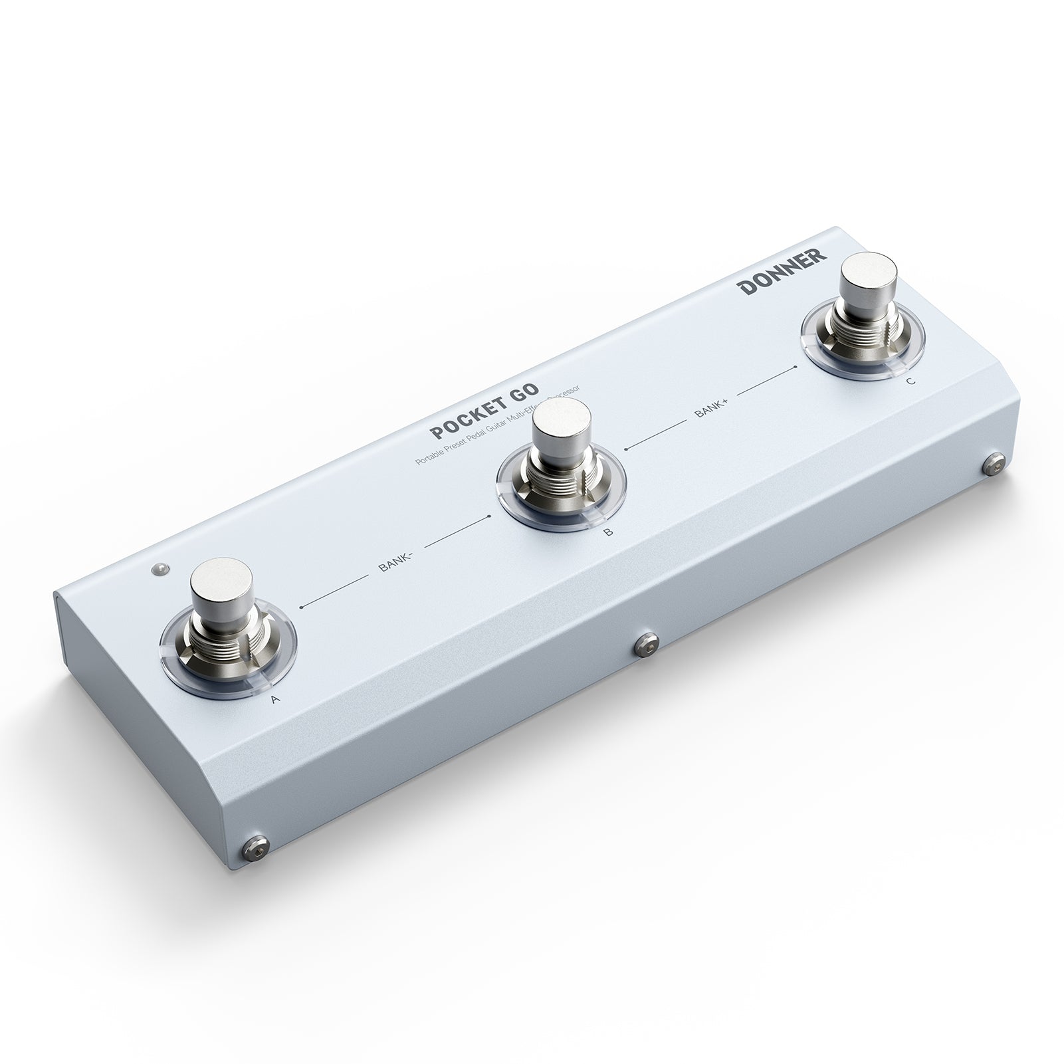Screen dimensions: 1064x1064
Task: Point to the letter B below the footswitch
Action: pos(607,532)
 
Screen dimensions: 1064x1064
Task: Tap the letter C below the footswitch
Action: pos(910,381)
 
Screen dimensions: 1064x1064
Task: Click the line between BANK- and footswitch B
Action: pos(457,534)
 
